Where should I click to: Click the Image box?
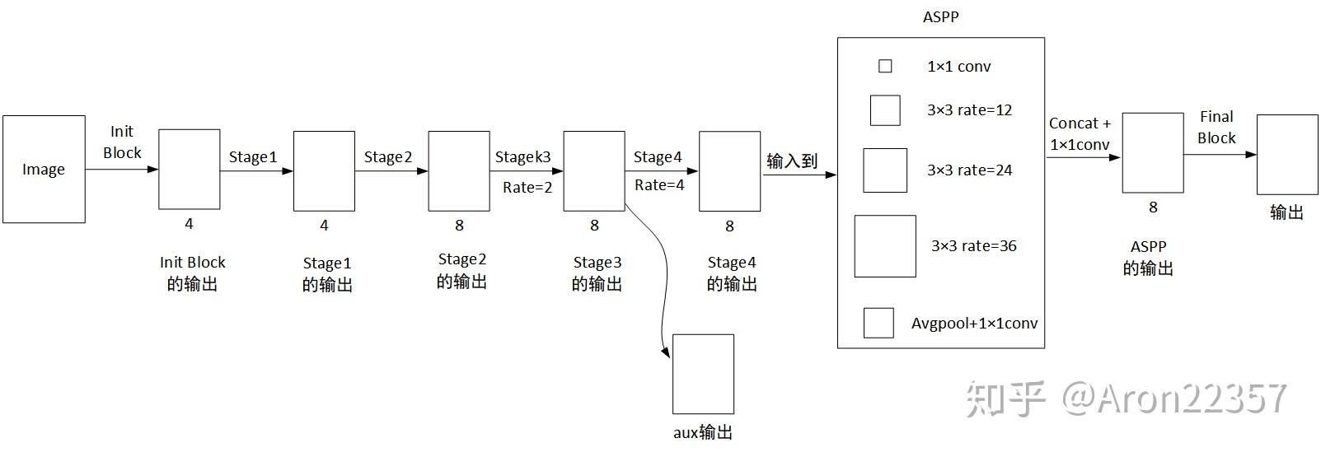44,170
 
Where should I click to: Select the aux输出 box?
703,374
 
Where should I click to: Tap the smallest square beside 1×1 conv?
885,66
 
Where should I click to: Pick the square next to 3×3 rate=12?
885,110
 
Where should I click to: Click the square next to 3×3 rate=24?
885,170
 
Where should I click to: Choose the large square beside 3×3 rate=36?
885,246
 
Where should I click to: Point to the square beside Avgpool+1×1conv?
878,323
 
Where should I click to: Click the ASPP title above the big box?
940,16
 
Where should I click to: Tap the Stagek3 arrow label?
522,156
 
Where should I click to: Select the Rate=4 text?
659,185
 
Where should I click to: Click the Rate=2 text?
527,188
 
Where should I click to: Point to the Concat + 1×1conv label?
1080,134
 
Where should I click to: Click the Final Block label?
1216,128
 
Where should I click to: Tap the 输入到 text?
791,161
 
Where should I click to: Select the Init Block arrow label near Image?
122,142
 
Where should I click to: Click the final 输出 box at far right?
1286,155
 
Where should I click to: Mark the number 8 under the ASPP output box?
1153,207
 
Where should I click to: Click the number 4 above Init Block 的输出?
189,224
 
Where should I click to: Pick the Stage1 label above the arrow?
253,157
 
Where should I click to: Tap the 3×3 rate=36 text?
974,246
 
